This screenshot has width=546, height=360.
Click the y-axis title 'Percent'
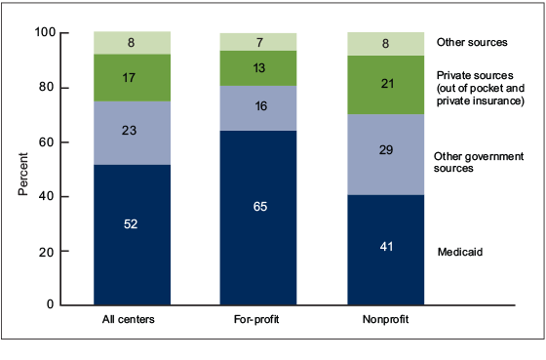point(22,173)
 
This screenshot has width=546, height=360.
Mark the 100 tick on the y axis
point(70,33)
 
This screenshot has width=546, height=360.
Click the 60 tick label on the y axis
point(73,142)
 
